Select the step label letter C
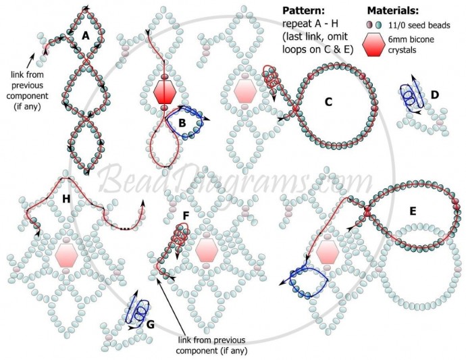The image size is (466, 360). pos(328,103)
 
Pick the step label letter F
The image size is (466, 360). pos(186,215)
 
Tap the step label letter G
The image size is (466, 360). pos(150,325)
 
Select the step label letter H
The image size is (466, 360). pos(66,198)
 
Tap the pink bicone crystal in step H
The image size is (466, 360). pos(66,255)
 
